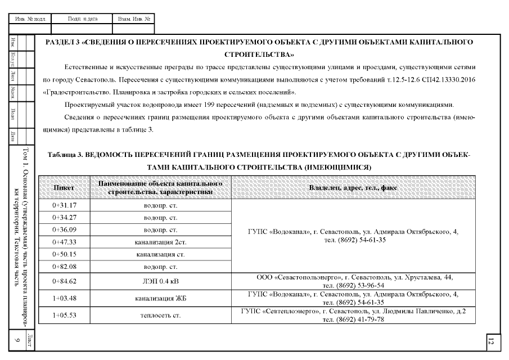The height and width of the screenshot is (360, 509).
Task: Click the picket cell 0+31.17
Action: (64, 205)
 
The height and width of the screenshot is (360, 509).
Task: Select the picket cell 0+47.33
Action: (64, 242)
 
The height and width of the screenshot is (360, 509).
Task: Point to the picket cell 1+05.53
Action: (64, 316)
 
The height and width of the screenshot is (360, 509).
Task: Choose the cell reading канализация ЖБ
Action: (161, 298)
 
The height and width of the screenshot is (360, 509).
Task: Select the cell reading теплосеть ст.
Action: (161, 316)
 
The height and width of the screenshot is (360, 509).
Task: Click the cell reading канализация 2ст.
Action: (161, 242)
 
